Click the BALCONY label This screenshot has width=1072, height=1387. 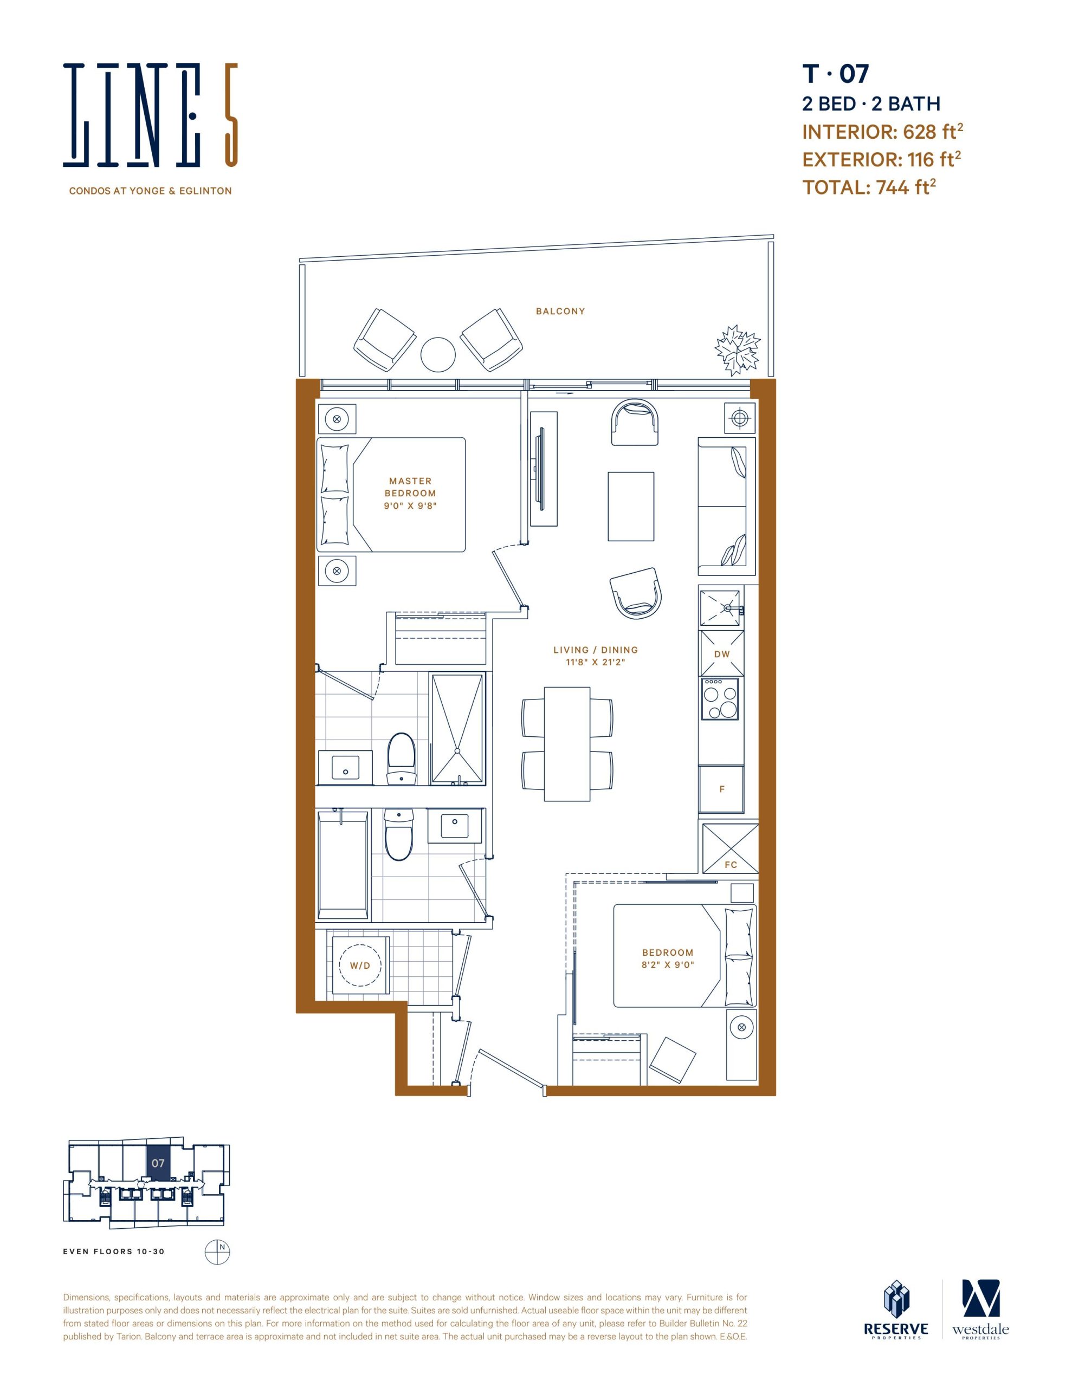click(560, 311)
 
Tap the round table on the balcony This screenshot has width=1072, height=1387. click(438, 354)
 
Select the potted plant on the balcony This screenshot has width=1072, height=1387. click(737, 349)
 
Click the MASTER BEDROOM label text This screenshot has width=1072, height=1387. click(410, 487)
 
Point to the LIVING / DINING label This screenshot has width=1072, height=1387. click(596, 650)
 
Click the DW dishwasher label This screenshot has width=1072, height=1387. click(722, 654)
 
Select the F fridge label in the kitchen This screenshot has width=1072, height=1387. click(722, 789)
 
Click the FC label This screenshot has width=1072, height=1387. click(731, 864)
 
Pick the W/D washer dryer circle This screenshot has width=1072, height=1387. click(360, 965)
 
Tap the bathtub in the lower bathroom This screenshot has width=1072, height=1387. click(343, 864)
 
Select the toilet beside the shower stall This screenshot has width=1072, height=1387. click(401, 759)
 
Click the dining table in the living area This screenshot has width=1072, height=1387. click(567, 744)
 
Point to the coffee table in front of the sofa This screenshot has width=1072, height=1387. click(631, 506)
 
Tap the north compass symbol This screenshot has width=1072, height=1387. click(217, 1252)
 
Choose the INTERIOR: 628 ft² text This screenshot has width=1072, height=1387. click(883, 132)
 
